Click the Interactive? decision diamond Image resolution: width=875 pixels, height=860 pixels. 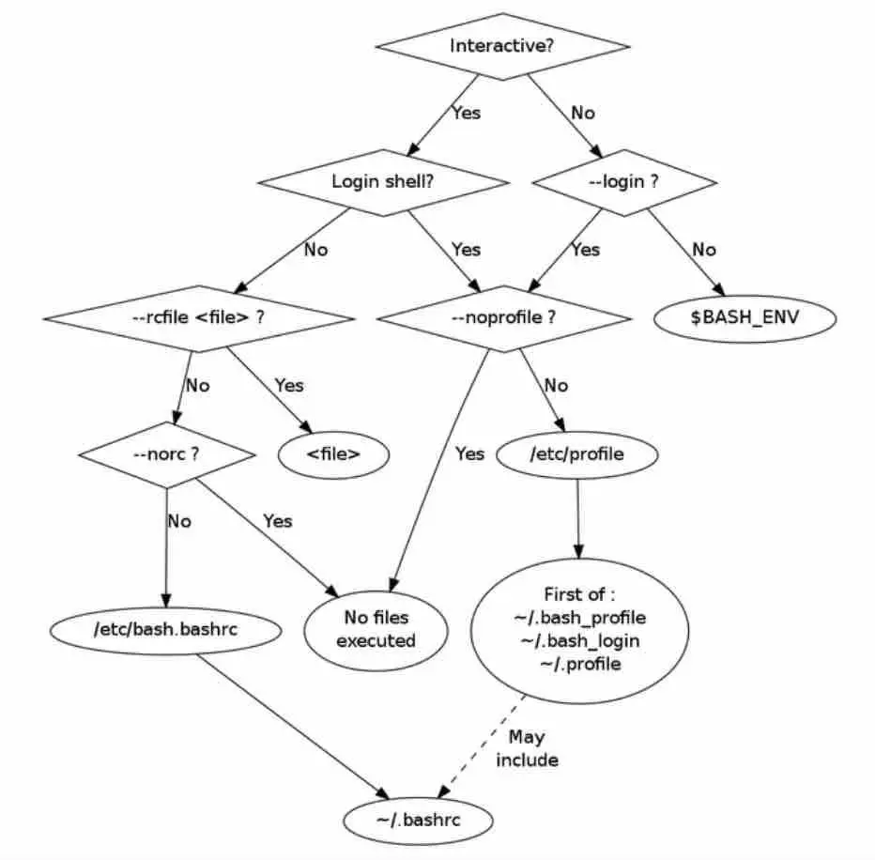(x=503, y=46)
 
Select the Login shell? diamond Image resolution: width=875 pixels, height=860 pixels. (x=383, y=182)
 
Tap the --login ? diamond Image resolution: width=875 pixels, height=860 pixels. (x=624, y=182)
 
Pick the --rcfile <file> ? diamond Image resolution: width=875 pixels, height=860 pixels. (x=199, y=318)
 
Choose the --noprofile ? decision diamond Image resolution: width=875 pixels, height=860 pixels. (x=504, y=318)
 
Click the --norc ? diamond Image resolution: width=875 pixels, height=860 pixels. (x=167, y=454)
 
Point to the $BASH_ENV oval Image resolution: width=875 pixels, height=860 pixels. (x=745, y=318)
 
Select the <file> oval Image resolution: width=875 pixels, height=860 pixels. (x=333, y=454)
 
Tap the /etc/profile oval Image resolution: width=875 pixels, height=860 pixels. (x=577, y=454)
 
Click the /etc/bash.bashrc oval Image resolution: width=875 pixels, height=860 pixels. (x=166, y=631)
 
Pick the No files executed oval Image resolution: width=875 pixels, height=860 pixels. (x=376, y=631)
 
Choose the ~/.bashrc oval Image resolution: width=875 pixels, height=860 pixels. (x=419, y=821)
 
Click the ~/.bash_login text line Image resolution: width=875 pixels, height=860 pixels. (x=580, y=641)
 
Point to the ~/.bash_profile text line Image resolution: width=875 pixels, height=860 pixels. (x=580, y=618)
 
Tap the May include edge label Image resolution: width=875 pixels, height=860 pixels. (x=527, y=749)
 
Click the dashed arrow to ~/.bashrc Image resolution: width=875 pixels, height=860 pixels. (x=482, y=746)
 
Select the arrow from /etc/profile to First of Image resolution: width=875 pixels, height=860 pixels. (x=578, y=518)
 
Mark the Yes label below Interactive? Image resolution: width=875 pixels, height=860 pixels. (x=467, y=114)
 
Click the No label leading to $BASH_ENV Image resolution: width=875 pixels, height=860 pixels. (x=704, y=250)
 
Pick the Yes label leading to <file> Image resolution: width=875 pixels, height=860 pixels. (x=289, y=386)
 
